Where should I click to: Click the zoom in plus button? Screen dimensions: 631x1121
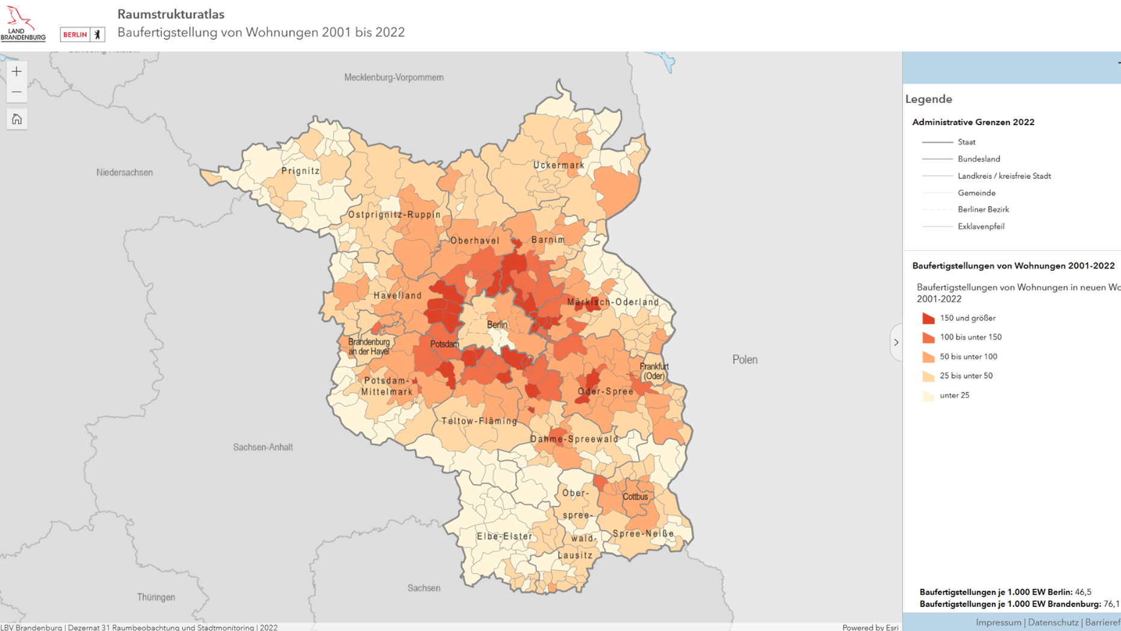[16, 72]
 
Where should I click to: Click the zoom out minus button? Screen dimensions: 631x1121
[16, 93]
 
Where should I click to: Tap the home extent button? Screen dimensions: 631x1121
[16, 119]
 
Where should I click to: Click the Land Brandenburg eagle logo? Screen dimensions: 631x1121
[23, 23]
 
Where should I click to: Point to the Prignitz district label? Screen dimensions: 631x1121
[300, 171]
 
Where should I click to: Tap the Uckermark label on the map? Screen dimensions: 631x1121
[559, 165]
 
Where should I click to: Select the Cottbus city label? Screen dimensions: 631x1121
[635, 497]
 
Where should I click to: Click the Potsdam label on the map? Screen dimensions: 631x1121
[444, 344]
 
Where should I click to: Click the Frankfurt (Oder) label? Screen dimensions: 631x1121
[654, 371]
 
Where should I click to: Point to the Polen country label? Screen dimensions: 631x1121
[745, 359]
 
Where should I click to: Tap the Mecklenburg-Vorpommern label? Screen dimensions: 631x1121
[394, 78]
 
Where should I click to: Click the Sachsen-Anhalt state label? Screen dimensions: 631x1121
[263, 447]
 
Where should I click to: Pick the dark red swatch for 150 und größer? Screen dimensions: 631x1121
[928, 318]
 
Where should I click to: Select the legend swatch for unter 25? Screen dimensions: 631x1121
[928, 396]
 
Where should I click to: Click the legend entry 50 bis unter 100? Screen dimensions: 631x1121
[968, 356]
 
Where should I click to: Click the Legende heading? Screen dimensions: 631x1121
[928, 99]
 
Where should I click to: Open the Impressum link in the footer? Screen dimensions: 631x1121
[998, 623]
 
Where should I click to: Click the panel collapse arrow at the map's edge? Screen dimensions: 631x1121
[896, 343]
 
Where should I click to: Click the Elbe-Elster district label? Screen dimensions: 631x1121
[505, 536]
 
